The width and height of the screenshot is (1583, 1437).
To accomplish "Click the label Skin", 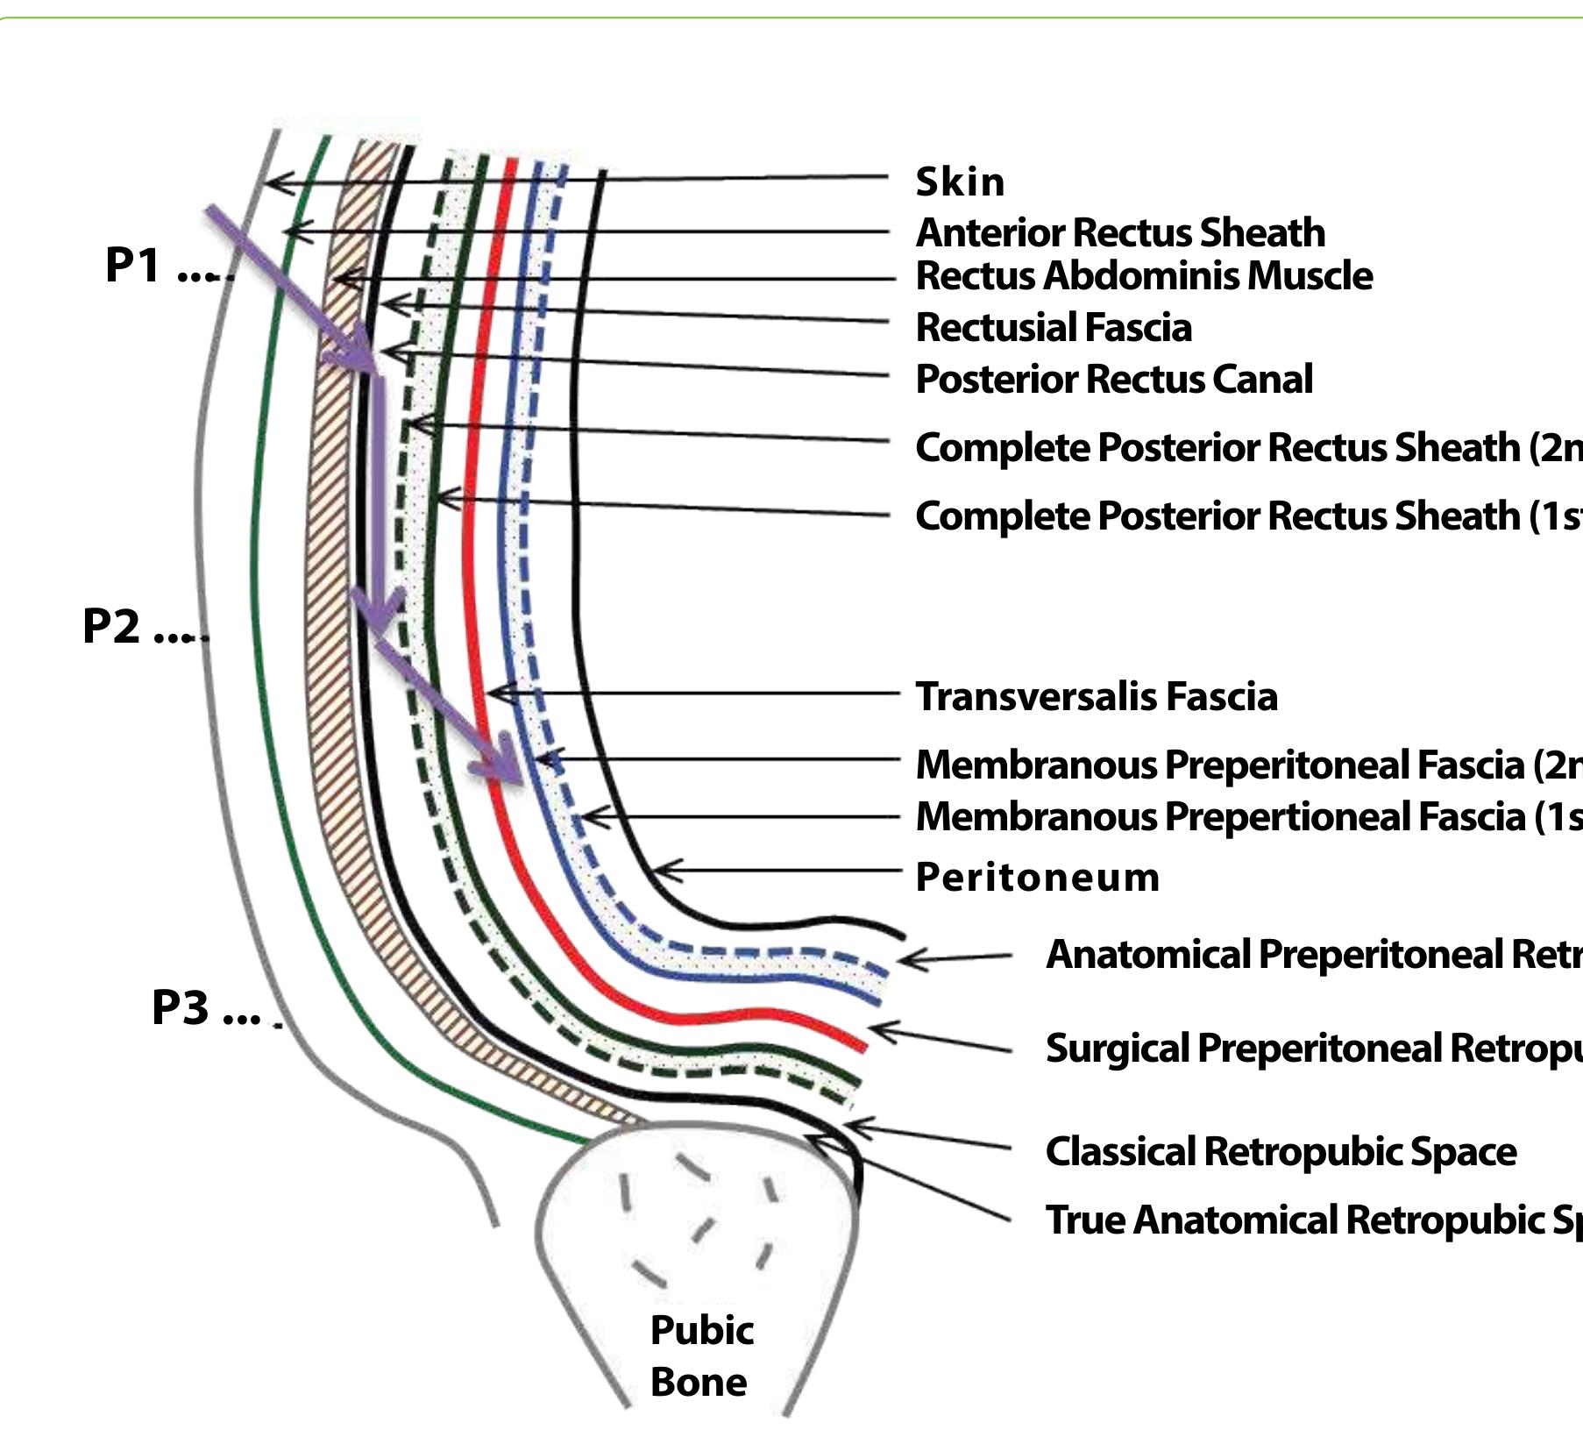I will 960,182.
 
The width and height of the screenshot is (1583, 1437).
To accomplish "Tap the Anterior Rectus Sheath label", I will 1119,233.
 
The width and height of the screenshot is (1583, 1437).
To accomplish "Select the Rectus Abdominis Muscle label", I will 1143,276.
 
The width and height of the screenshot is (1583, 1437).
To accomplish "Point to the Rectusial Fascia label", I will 1053,328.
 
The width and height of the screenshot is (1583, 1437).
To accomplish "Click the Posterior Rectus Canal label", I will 1113,380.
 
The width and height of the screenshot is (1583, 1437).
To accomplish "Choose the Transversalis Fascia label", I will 1096,697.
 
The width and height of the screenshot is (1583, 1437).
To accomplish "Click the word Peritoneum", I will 1037,878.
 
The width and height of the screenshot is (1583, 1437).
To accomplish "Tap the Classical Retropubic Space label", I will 1280,1152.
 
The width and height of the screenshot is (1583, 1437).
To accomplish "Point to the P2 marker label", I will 111,626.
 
